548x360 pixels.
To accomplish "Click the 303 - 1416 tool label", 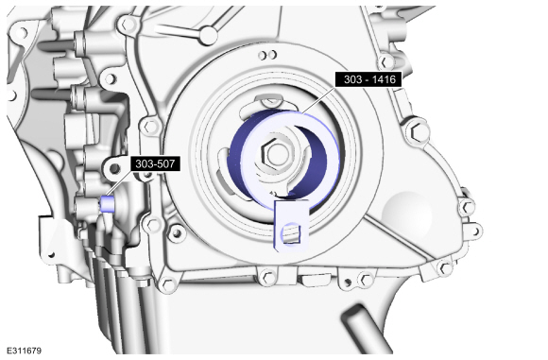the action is pos(368,79).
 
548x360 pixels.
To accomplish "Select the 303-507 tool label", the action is pos(156,163).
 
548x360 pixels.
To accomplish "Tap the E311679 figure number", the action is pos(25,351).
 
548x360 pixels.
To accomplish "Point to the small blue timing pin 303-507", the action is pos(107,204).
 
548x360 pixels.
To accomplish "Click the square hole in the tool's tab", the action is pos(292,233).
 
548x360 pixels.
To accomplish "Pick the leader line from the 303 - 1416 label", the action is pos(319,100).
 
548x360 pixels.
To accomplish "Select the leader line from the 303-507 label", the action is pos(120,183).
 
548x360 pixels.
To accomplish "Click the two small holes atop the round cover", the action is pos(267,55).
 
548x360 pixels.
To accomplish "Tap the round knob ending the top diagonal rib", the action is pos(208,35).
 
